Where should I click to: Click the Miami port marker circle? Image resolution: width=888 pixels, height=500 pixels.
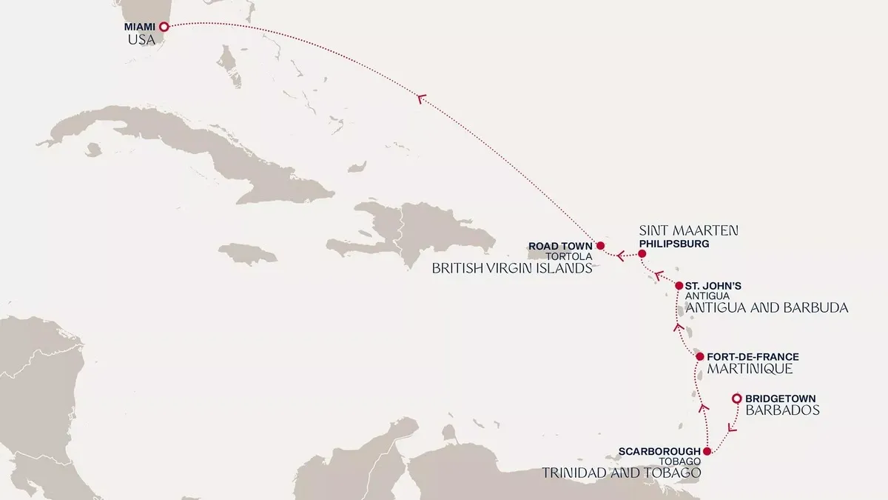pyautogui.click(x=164, y=27)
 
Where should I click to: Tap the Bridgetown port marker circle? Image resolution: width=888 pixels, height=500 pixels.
pyautogui.click(x=736, y=399)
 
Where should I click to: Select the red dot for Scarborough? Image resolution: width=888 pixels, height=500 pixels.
pyautogui.click(x=707, y=451)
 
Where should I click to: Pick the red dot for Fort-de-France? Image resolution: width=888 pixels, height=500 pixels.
pyautogui.click(x=699, y=357)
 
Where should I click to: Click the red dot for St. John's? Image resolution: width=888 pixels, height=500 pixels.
pyautogui.click(x=679, y=285)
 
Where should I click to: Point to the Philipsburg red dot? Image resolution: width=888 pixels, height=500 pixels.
pyautogui.click(x=642, y=254)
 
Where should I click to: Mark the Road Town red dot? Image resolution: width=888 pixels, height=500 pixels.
pyautogui.click(x=600, y=245)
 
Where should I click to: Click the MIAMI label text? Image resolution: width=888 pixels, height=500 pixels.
pyautogui.click(x=141, y=27)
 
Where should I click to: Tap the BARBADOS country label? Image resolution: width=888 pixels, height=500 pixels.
pyautogui.click(x=782, y=410)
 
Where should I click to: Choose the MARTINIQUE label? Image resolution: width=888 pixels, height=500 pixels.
pyautogui.click(x=750, y=368)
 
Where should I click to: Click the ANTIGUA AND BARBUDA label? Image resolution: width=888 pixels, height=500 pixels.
pyautogui.click(x=767, y=307)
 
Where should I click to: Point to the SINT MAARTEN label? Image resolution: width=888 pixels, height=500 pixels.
pyautogui.click(x=688, y=230)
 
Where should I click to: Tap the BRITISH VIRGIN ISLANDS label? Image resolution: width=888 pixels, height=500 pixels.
pyautogui.click(x=512, y=268)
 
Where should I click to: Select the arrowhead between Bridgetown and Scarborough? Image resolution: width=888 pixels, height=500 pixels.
pyautogui.click(x=732, y=427)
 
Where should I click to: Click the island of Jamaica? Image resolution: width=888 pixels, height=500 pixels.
pyautogui.click(x=247, y=253)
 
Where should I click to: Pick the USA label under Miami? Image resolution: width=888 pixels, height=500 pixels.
pyautogui.click(x=141, y=39)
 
